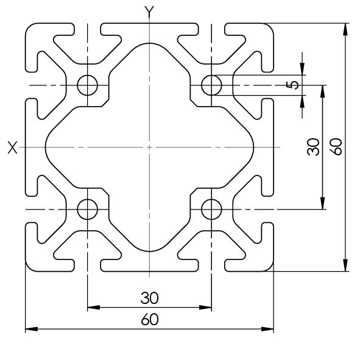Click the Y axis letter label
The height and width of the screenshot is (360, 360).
point(149,12)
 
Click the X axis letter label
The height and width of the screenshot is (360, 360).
point(12,147)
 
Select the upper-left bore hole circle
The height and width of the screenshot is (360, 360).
point(88,85)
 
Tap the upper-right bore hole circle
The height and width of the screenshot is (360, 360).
point(211,85)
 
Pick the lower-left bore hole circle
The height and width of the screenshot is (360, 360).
point(88,210)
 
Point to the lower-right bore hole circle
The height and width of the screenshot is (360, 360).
point(211,210)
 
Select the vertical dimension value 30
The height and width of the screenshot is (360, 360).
point(313,147)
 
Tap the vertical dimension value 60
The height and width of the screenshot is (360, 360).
point(336,147)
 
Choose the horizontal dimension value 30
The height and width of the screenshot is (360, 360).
point(149,298)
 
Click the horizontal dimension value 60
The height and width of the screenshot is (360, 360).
point(150,319)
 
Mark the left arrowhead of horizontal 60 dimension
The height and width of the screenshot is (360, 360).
point(31,329)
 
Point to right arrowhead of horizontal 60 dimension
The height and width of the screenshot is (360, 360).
point(267,329)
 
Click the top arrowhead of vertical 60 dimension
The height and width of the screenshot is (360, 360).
point(345,29)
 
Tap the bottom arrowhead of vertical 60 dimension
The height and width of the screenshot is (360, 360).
point(345,265)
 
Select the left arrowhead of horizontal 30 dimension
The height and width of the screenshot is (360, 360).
point(94,307)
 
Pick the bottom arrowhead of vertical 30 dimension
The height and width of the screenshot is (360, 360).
point(323,203)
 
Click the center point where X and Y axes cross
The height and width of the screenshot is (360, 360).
point(149,147)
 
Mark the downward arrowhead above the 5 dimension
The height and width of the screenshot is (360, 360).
point(302,69)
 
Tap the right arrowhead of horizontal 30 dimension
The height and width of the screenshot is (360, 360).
point(205,307)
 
